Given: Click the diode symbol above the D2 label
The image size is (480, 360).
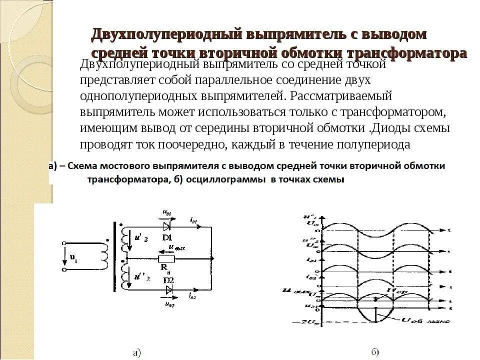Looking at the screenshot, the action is tap(168, 289).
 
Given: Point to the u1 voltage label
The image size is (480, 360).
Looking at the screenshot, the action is tap(73, 258).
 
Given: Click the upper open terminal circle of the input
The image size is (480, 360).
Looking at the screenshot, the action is tap(64, 244).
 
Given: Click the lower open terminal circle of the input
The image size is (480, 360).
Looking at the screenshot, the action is tap(64, 269).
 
